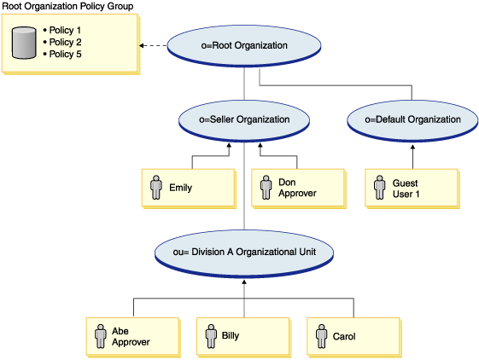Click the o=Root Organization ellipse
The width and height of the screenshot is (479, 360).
pos(245,46)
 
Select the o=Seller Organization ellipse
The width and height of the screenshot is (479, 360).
pos(245,119)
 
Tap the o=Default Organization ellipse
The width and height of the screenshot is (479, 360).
pos(412,119)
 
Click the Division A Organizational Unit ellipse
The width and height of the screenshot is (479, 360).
pos(244,252)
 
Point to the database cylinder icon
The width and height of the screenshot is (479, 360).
pos(23,43)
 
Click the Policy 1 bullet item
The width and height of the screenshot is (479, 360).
pos(61,31)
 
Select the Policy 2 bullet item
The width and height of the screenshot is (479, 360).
pos(61,43)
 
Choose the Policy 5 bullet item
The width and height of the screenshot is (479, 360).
pos(61,55)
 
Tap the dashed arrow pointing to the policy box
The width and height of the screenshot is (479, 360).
pos(153,46)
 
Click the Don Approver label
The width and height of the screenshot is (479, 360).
pos(297,188)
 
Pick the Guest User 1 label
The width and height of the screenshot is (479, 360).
pos(408,188)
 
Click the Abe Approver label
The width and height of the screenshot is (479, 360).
pos(131,336)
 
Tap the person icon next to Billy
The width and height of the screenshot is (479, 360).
pos(210,336)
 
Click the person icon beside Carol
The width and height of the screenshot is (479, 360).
pos(322,336)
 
